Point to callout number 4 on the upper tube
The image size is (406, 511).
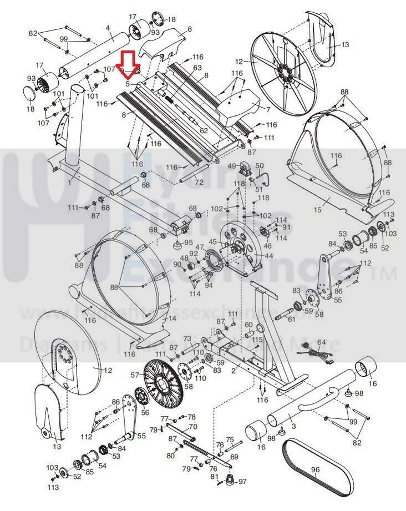pyautogui.click(x=108, y=28)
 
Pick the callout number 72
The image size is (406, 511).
pyautogui.click(x=199, y=182)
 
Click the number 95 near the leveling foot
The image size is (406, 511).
pyautogui.click(x=189, y=242)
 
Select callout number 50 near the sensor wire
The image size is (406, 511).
pyautogui.click(x=259, y=166)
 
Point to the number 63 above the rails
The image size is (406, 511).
pyautogui.click(x=197, y=68)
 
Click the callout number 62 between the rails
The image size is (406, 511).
pyautogui.click(x=204, y=131)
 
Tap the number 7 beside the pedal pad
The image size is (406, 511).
pyautogui.click(x=268, y=109)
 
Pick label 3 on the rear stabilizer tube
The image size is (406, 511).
pyautogui.click(x=293, y=426)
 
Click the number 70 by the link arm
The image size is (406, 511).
pyautogui.click(x=193, y=427)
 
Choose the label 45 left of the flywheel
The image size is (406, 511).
pyautogui.click(x=212, y=241)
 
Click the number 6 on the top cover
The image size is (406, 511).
pyautogui.click(x=190, y=29)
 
